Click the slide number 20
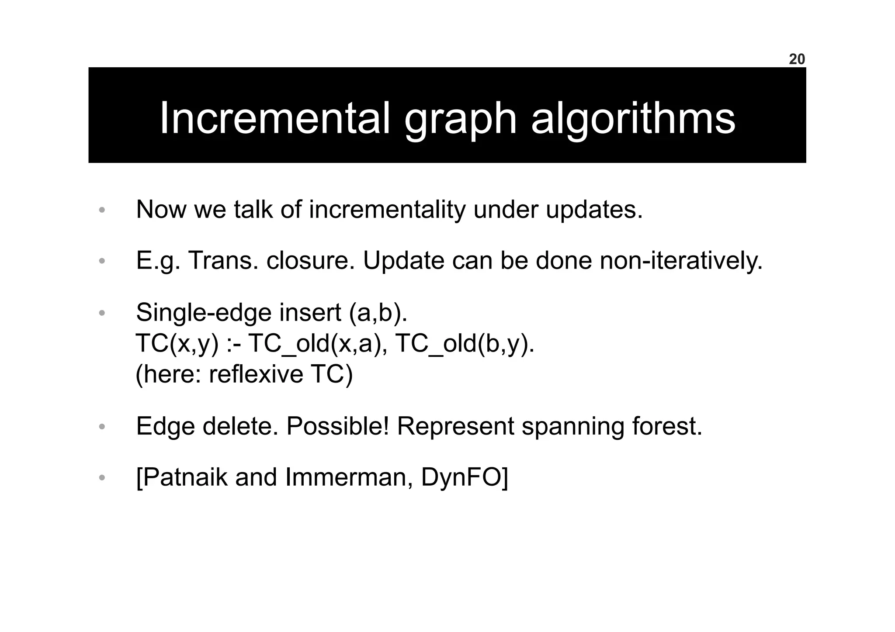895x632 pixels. [x=797, y=59]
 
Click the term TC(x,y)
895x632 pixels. [x=177, y=344]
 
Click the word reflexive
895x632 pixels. [x=256, y=374]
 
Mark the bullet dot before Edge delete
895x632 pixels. [x=102, y=427]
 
